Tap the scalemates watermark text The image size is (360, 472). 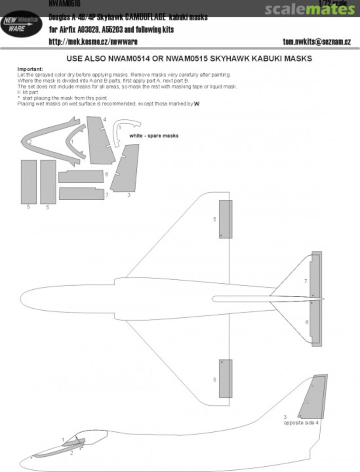click(309, 9)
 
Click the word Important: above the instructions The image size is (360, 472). click(30, 69)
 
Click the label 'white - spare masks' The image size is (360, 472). click(154, 136)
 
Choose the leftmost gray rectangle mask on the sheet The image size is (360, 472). click(28, 181)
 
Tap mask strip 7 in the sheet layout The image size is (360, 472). click(81, 193)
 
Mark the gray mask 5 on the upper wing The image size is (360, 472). click(225, 219)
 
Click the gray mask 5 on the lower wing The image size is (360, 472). click(225, 378)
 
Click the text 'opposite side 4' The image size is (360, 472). click(301, 423)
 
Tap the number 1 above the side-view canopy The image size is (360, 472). click(63, 439)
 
